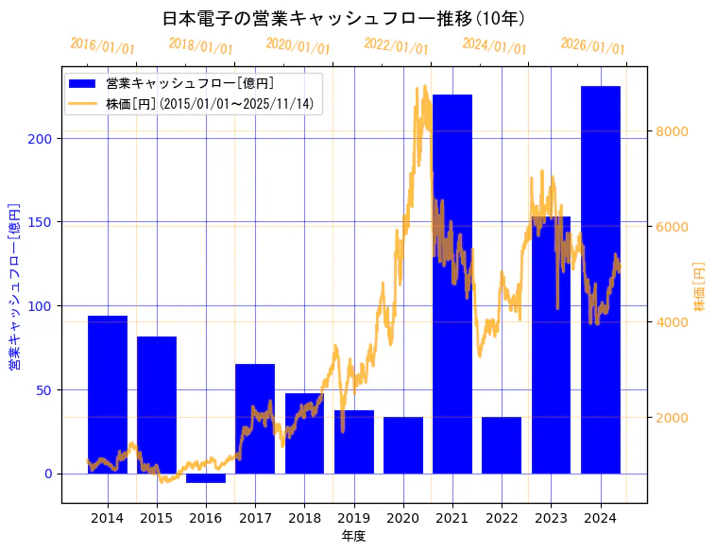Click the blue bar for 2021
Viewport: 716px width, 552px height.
point(452,284)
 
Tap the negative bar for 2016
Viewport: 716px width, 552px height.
point(206,478)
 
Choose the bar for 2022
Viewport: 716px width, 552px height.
point(502,445)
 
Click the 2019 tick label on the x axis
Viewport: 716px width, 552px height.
point(353,518)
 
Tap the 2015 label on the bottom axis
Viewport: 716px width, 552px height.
point(157,518)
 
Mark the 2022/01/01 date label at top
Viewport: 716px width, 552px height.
point(396,46)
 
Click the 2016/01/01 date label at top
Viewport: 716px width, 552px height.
point(102,46)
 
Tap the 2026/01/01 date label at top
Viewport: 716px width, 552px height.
point(592,46)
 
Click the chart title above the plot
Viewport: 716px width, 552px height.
point(344,18)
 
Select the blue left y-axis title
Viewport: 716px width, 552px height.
point(14,285)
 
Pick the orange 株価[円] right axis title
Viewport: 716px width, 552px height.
point(700,286)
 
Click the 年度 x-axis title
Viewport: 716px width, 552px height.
point(353,536)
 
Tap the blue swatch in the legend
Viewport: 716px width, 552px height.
point(83,84)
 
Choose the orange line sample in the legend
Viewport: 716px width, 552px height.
point(83,104)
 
